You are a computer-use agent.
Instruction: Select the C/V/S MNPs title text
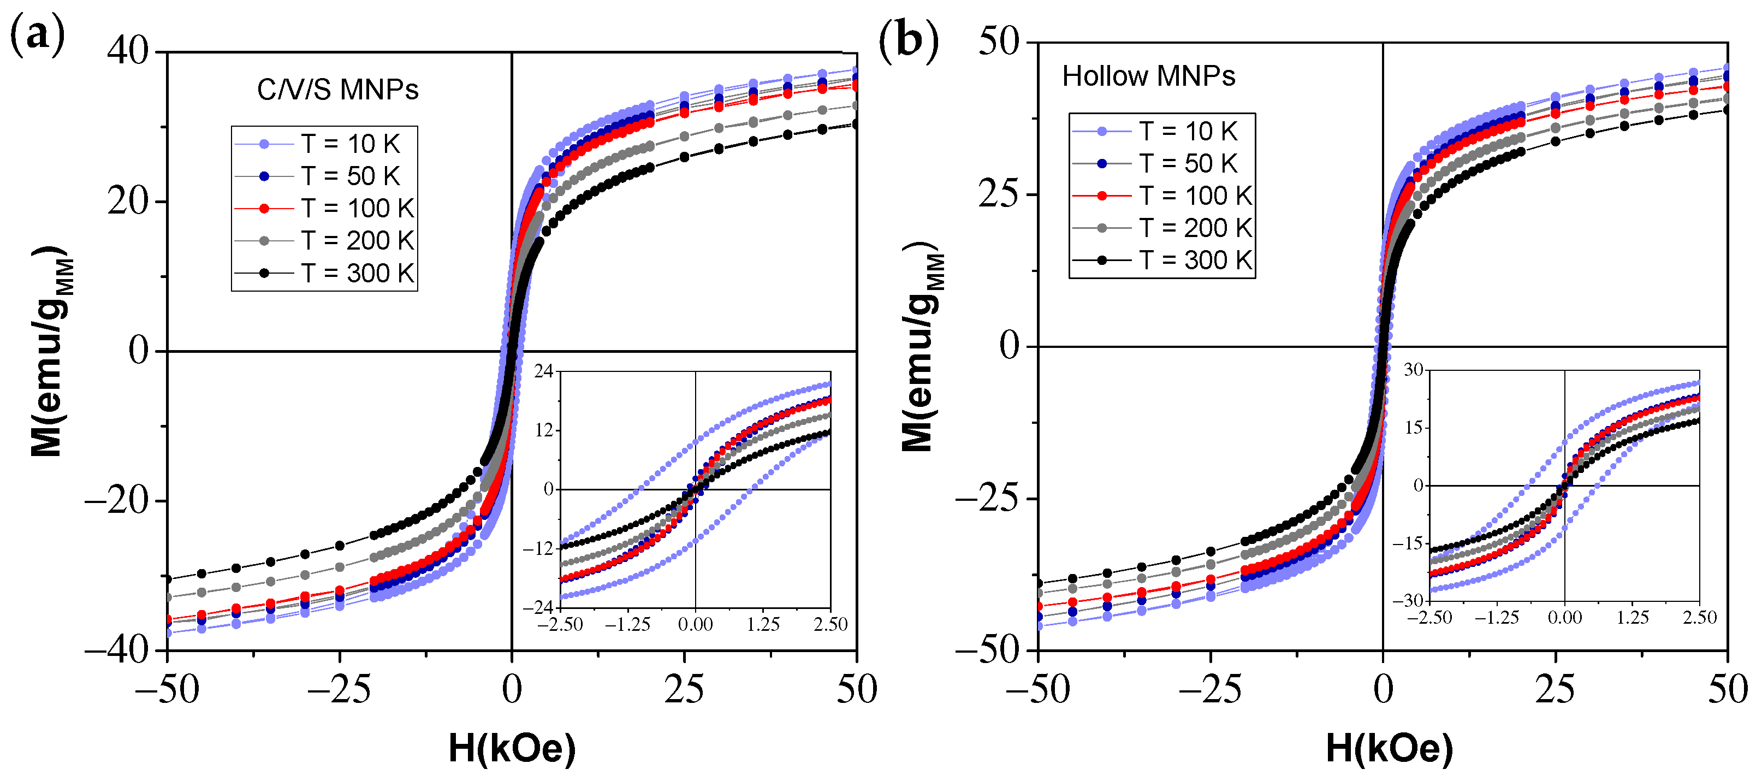click(337, 90)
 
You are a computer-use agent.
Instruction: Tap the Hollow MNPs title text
click(1148, 76)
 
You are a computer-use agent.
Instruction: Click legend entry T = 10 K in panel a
click(349, 144)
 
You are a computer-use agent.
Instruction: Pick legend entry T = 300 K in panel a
click(358, 273)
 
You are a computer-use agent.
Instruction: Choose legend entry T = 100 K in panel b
click(1195, 196)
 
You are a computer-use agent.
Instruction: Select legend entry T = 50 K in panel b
click(1188, 163)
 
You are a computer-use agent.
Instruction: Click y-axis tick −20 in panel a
click(116, 501)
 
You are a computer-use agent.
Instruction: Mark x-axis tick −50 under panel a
click(167, 689)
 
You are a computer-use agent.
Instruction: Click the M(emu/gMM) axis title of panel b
click(920, 347)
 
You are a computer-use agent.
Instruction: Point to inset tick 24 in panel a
click(544, 371)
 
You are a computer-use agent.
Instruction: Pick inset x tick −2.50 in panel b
click(1429, 618)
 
